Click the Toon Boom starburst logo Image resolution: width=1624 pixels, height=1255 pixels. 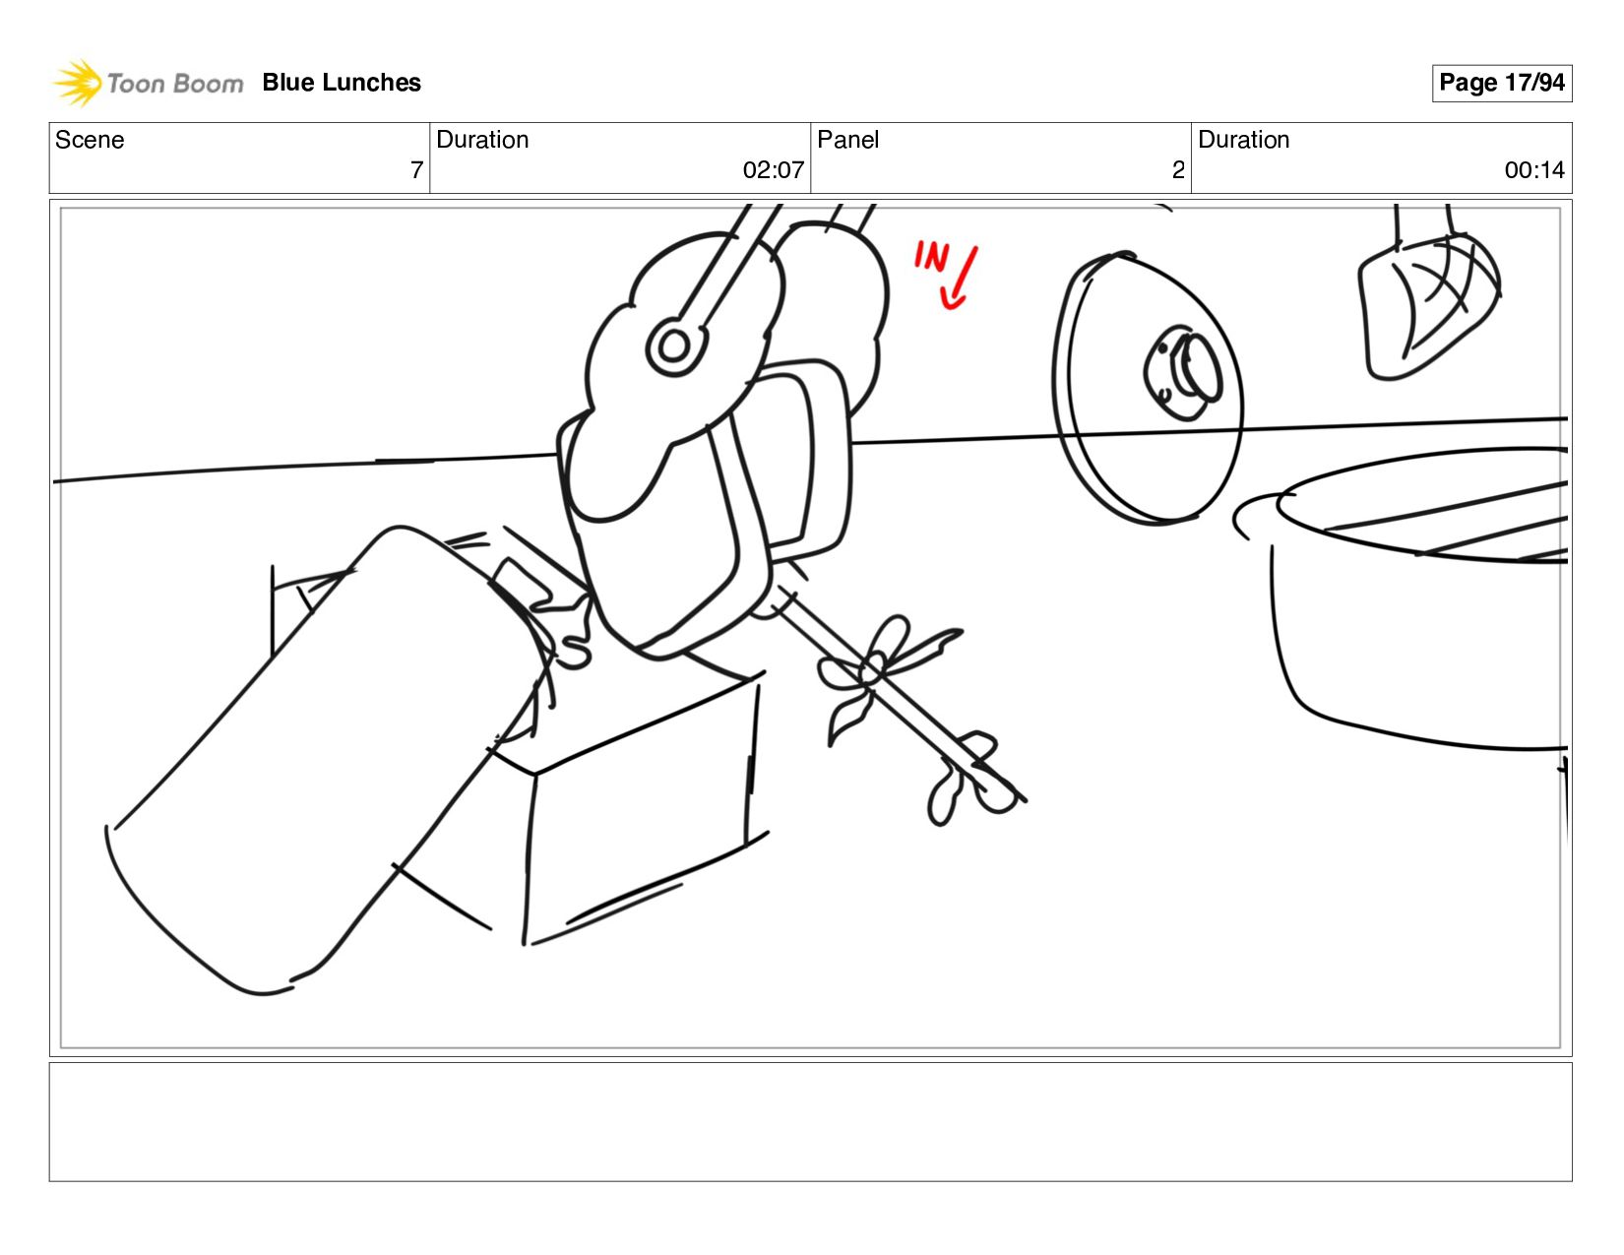pyautogui.click(x=77, y=83)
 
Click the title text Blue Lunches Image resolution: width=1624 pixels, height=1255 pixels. pyautogui.click(x=342, y=83)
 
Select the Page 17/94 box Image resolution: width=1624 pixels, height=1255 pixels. pyautogui.click(x=1501, y=83)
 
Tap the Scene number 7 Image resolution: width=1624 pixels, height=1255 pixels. pyautogui.click(x=417, y=170)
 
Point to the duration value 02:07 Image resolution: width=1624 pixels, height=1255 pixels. pyautogui.click(x=773, y=170)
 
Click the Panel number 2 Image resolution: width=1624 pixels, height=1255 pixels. pyautogui.click(x=1178, y=170)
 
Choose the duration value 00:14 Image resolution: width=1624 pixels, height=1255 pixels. pyautogui.click(x=1534, y=170)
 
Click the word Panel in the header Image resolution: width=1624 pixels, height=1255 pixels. pyautogui.click(x=847, y=140)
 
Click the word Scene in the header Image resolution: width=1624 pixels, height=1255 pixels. pyautogui.click(x=90, y=140)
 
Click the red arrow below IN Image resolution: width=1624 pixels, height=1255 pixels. pyautogui.click(x=959, y=278)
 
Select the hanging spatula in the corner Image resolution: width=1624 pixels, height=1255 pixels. pyautogui.click(x=1428, y=299)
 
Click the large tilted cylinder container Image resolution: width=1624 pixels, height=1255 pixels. pyautogui.click(x=329, y=759)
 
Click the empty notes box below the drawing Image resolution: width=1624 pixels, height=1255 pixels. pyautogui.click(x=811, y=1121)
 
